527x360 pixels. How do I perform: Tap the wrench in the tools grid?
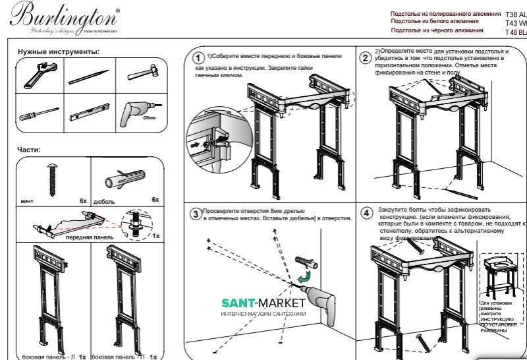(x=38, y=75)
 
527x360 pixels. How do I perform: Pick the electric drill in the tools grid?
(x=136, y=113)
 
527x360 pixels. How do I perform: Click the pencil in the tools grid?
(x=88, y=75)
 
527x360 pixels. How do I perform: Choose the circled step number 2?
(x=365, y=57)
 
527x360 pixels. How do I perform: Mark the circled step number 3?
(x=195, y=214)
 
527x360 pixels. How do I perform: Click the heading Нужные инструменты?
(x=59, y=51)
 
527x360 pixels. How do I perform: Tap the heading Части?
(x=29, y=150)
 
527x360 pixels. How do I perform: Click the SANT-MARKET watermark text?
(x=263, y=303)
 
